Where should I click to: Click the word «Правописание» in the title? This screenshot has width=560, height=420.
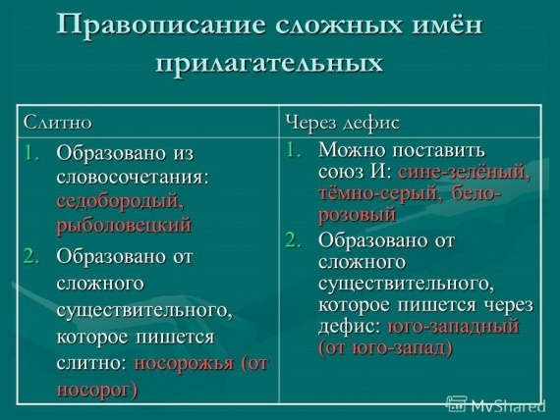tap(161, 25)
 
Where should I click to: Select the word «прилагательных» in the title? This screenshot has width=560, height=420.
tap(269, 64)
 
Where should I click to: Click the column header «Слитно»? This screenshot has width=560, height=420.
tap(58, 123)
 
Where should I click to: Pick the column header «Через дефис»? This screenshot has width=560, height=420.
tap(343, 123)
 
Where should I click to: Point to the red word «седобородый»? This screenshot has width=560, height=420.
tap(121, 202)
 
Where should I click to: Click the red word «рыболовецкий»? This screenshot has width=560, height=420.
tap(124, 226)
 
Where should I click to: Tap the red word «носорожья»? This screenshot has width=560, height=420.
tap(184, 364)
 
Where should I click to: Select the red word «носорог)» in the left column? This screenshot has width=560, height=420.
tap(97, 389)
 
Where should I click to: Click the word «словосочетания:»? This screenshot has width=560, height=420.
tap(133, 177)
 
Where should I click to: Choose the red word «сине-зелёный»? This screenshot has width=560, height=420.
tap(464, 173)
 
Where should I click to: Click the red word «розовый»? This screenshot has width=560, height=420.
tap(358, 215)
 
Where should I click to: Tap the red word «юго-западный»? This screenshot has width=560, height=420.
tap(453, 327)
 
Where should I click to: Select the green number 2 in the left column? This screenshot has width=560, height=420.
tap(31, 256)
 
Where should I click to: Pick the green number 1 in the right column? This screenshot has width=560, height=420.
tap(293, 150)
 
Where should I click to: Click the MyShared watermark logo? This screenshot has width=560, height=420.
tap(496, 405)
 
